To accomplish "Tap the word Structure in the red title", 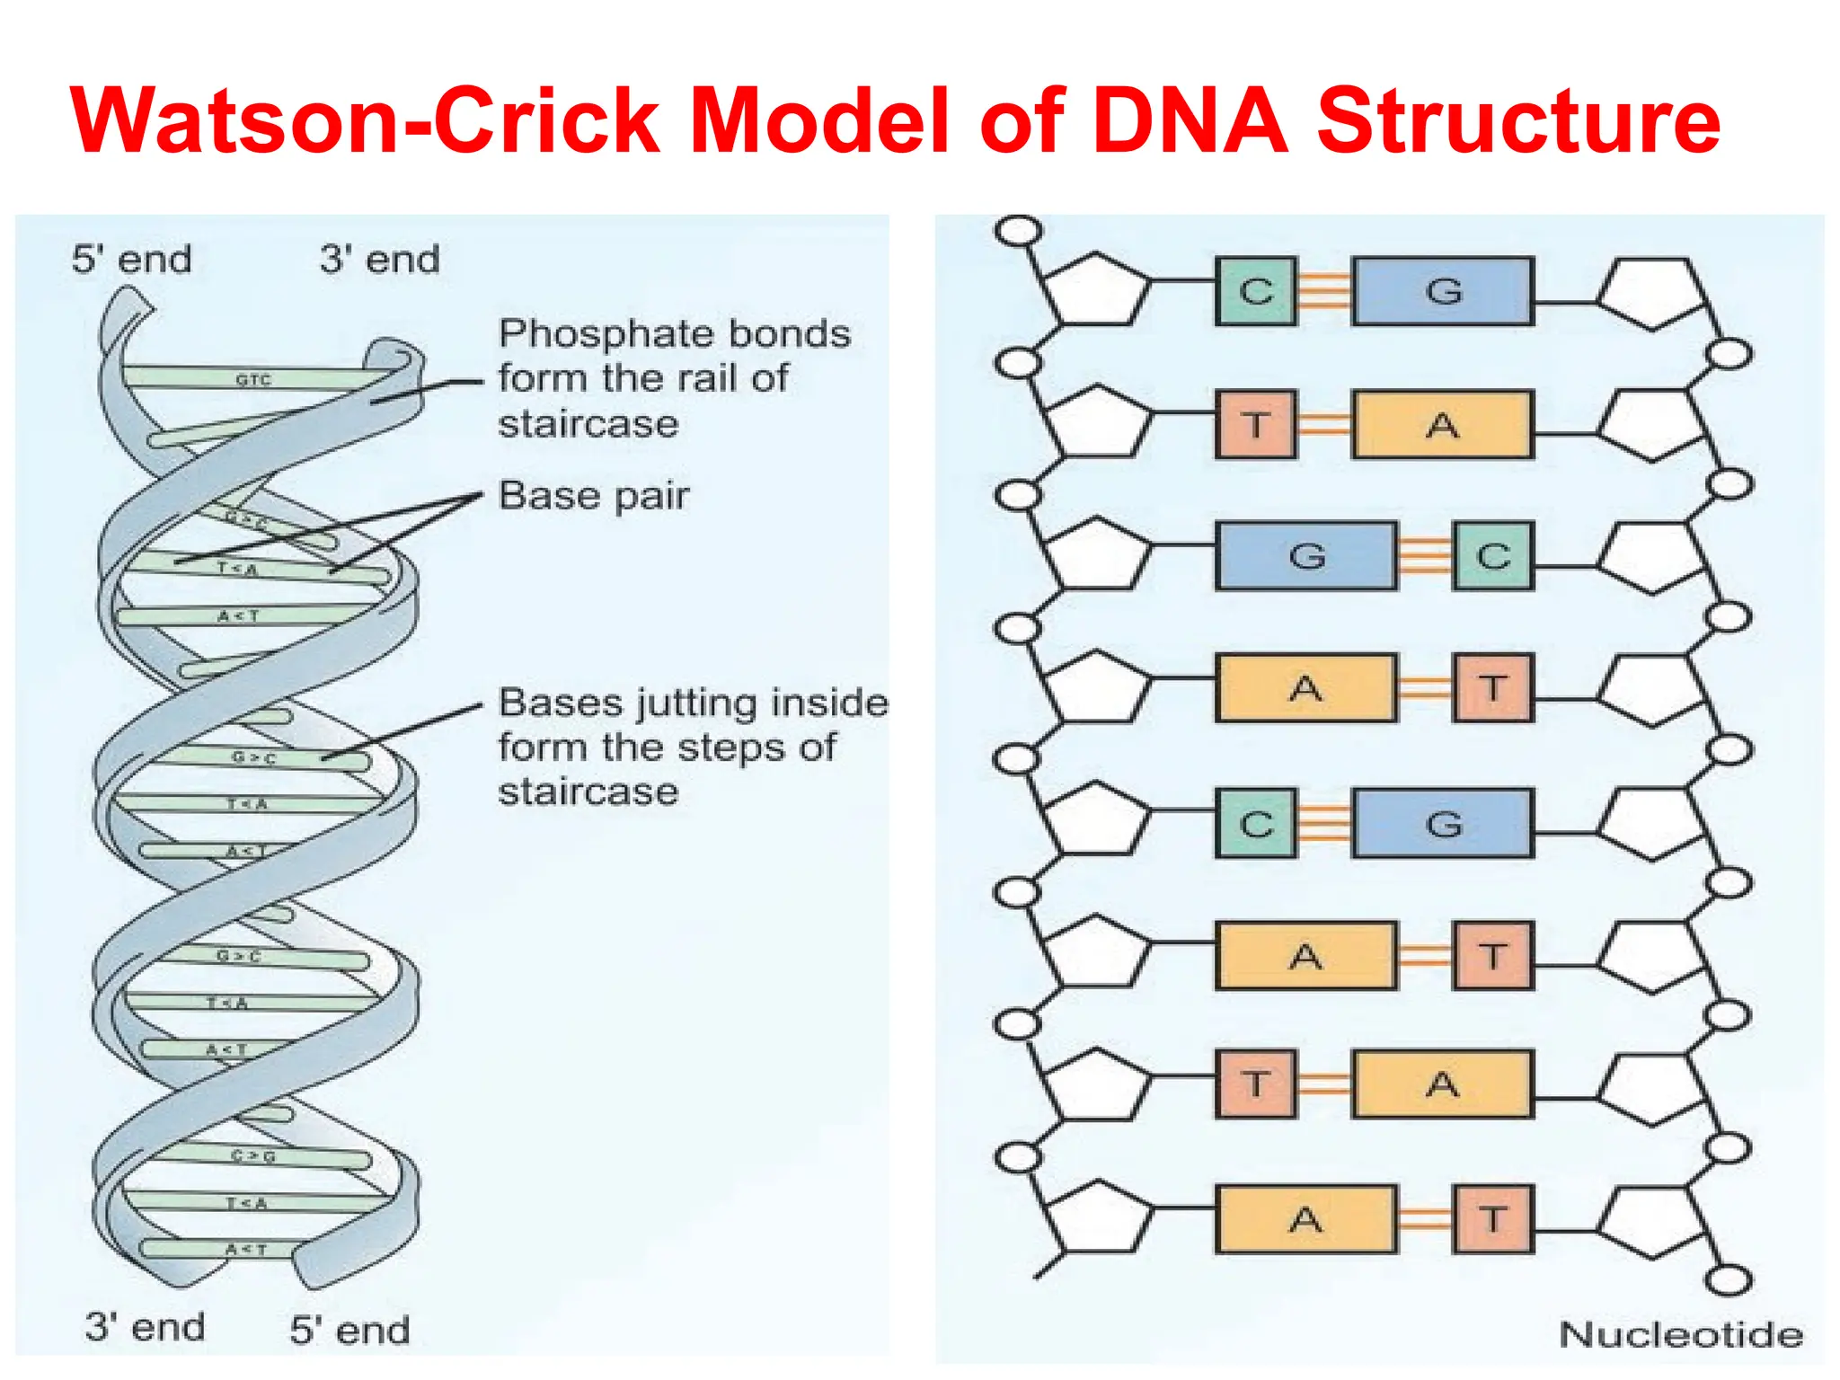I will click(x=1517, y=121).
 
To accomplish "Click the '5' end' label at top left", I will click(x=132, y=260).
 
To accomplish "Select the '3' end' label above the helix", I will click(x=380, y=260).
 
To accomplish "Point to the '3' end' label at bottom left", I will click(x=145, y=1327).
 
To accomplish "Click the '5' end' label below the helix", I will click(x=349, y=1331).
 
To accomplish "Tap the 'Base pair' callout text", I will click(x=594, y=496).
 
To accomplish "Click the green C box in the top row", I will click(x=1256, y=291).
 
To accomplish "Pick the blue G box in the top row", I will click(x=1443, y=291).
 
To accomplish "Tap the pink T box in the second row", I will click(x=1256, y=424).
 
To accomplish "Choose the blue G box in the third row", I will click(x=1306, y=556).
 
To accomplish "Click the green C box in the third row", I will click(x=1492, y=556).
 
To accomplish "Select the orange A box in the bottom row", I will click(x=1306, y=1219).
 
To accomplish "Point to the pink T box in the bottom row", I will click(x=1492, y=1219).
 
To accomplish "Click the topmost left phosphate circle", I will click(x=1018, y=231).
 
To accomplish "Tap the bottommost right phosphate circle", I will click(x=1728, y=1280).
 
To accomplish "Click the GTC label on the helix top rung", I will click(x=252, y=380).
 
